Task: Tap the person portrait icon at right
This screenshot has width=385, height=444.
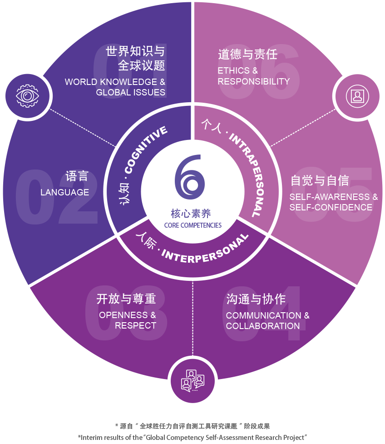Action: pyautogui.click(x=357, y=96)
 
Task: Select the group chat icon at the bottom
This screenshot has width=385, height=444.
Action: pyautogui.click(x=192, y=381)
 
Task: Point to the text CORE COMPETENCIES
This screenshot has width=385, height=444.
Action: pyautogui.click(x=193, y=225)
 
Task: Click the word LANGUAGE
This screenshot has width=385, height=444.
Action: pyautogui.click(x=64, y=192)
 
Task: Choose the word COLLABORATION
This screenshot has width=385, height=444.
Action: pyautogui.click(x=262, y=326)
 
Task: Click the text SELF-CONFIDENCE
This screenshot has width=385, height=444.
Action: pyautogui.click(x=331, y=207)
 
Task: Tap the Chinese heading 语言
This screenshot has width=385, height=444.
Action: pyautogui.click(x=77, y=176)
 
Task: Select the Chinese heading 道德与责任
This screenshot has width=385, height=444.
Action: pyautogui.click(x=247, y=55)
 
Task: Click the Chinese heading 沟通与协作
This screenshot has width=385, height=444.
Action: pyautogui.click(x=256, y=299)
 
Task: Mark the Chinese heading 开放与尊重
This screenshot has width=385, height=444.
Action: pyautogui.click(x=126, y=299)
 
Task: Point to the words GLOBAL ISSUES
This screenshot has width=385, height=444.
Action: pyautogui.click(x=130, y=92)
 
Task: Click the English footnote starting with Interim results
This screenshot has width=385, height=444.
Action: pyautogui.click(x=192, y=437)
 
